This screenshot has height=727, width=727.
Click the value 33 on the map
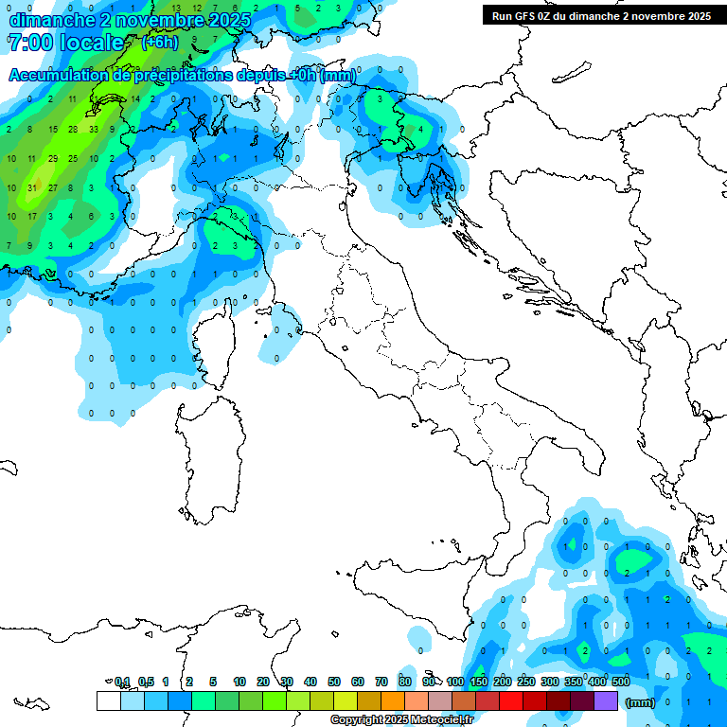point(94,129)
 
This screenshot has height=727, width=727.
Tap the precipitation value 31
point(31,187)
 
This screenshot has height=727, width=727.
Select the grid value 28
point(73,129)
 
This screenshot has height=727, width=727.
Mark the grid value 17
point(31,217)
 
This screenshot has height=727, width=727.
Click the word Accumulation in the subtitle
point(57,76)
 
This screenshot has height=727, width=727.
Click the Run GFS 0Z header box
point(601,15)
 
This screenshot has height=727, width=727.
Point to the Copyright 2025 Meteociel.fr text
point(401,720)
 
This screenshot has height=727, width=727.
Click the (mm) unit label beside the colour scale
point(641,702)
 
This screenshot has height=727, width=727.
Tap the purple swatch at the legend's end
point(606,700)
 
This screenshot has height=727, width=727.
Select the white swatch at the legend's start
point(108,700)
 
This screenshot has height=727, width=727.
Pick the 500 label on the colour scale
point(621,682)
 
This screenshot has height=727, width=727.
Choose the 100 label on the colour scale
point(455,682)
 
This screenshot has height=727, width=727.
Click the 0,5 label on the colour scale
point(146,682)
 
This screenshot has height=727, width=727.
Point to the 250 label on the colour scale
point(526,682)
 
